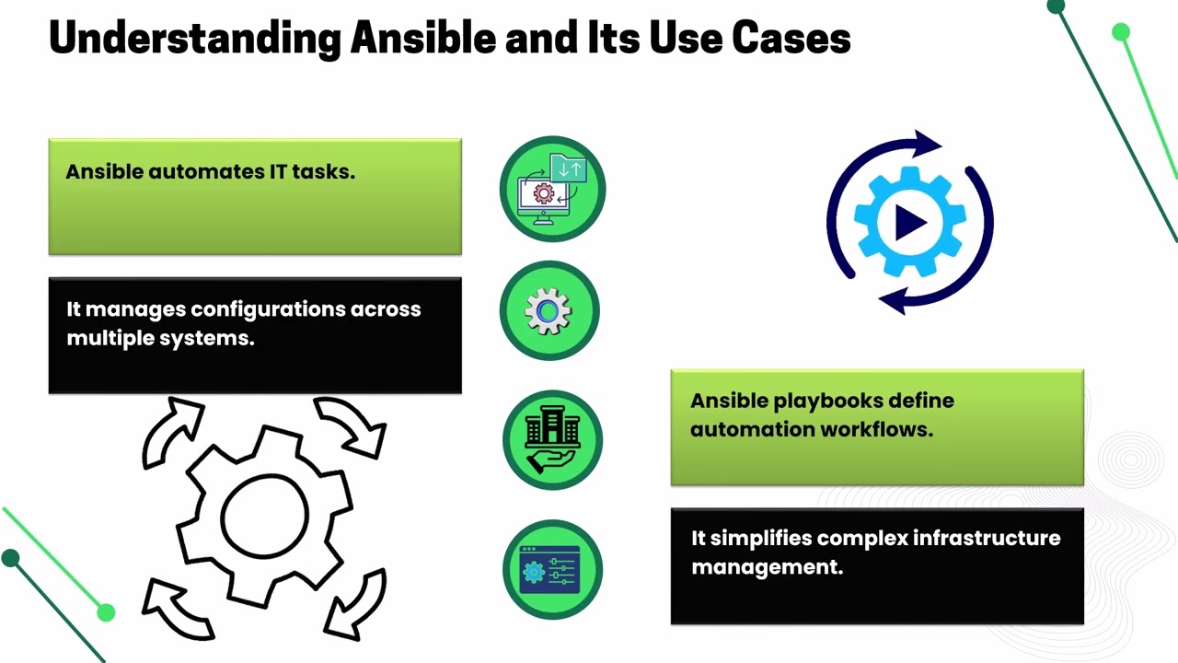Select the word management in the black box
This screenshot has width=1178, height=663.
tap(767, 567)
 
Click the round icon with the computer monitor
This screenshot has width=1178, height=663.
tap(552, 189)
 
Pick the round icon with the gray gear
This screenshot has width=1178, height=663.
tap(549, 311)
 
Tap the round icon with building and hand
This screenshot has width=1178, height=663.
tap(552, 440)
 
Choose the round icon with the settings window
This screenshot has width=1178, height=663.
tap(552, 569)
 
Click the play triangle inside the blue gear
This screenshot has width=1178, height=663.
tap(910, 221)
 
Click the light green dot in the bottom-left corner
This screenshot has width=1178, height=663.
tap(106, 612)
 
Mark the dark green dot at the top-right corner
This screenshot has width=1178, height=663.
tap(1056, 7)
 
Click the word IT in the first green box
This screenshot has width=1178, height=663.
tap(278, 171)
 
